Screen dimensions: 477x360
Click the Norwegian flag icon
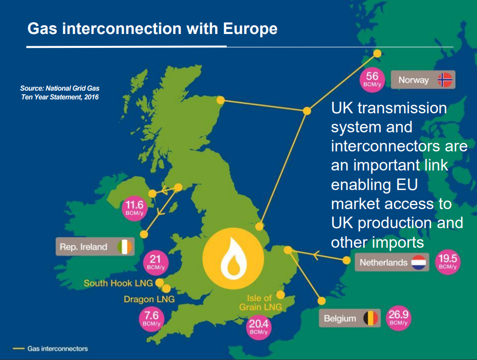point(445,80)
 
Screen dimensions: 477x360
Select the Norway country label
point(413,80)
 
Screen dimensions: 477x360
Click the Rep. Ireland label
point(83,247)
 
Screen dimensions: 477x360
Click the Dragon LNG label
point(149,299)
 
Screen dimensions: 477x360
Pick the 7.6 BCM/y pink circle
point(151,318)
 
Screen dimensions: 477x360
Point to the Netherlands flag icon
point(417,262)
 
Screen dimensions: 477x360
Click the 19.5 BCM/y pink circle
point(447,262)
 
